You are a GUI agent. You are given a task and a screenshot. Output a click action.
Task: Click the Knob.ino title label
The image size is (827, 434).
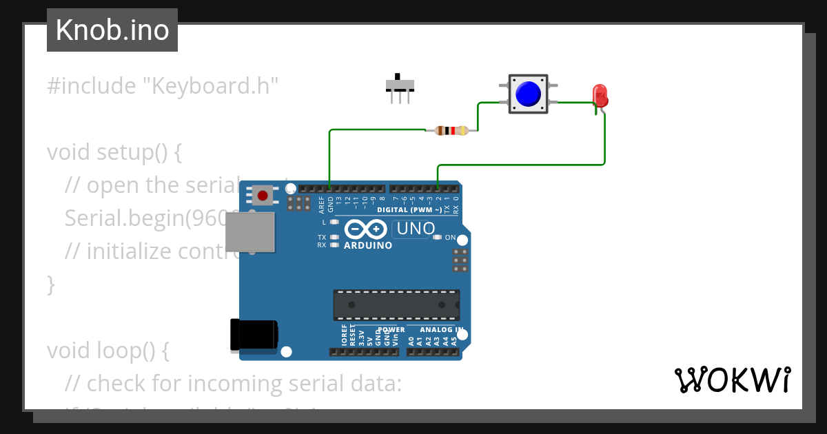tap(112, 30)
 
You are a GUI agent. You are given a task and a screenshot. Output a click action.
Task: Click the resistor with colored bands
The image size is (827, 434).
tap(452, 130)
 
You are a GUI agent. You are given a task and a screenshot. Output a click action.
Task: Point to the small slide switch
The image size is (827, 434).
tap(400, 86)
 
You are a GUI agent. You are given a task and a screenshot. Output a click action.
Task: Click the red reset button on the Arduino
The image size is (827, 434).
tap(262, 196)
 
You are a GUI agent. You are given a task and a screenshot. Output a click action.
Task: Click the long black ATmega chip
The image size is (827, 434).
tap(396, 304)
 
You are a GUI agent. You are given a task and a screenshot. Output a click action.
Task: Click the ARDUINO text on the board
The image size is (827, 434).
tap(368, 245)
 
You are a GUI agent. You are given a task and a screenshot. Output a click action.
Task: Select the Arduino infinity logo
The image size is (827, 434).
tap(366, 229)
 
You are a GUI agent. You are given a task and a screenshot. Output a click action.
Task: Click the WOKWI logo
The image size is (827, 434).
tap(732, 380)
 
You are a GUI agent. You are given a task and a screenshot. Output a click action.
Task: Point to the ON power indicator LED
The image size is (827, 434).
tap(437, 238)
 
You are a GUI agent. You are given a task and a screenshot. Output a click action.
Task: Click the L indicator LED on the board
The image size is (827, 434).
tap(335, 223)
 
